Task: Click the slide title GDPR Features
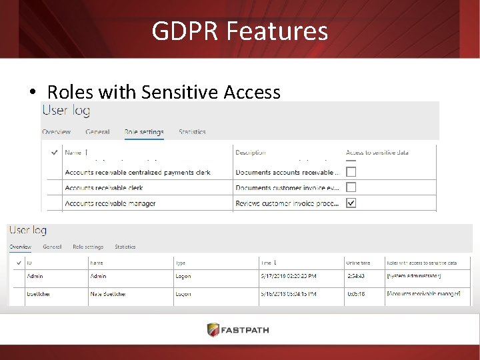(239, 31)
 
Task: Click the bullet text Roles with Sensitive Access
(163, 92)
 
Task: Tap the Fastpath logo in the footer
(239, 330)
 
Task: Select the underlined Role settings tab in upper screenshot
(144, 132)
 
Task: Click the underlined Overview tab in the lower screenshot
(20, 247)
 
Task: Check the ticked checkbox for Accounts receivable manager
(351, 203)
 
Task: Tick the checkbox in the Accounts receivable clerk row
(351, 187)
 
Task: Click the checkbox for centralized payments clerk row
(351, 172)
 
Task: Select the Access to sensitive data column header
(377, 153)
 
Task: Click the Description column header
(251, 153)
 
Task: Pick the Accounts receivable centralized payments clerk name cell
(137, 172)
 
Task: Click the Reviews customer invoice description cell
(287, 203)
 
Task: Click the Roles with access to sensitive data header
(421, 263)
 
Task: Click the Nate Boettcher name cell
(107, 293)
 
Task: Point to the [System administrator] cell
(414, 276)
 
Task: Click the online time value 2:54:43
(357, 276)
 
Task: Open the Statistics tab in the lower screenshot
(125, 247)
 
